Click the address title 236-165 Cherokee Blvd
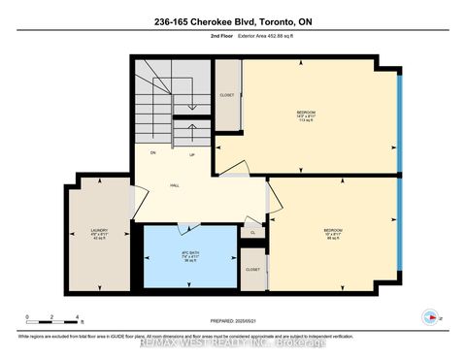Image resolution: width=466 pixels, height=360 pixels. [x=233, y=20]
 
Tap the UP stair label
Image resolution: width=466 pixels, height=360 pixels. [x=192, y=154]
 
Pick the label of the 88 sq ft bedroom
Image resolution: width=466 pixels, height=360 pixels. [x=333, y=233]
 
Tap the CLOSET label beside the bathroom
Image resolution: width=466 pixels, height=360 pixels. [x=252, y=269]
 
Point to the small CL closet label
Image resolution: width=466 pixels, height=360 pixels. [x=251, y=232]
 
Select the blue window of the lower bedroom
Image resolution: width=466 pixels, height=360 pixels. [x=399, y=233]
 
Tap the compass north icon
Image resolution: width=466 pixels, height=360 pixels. [x=427, y=316]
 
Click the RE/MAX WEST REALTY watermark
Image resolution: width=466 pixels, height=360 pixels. [x=233, y=342]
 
